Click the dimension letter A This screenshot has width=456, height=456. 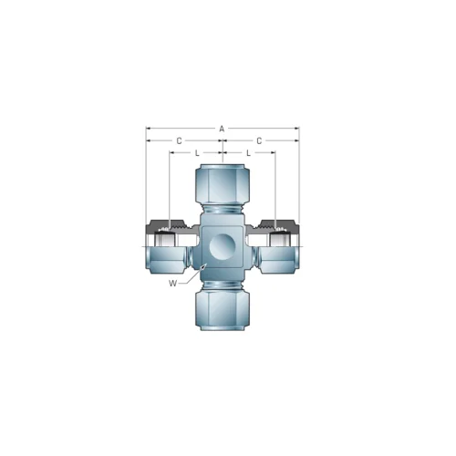point(222,129)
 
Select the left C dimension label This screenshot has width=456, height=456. point(180,140)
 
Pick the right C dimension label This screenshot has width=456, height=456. point(259,140)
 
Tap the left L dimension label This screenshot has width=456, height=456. point(197,153)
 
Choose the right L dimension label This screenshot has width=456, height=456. point(248,153)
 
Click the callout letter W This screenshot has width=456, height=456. point(172,284)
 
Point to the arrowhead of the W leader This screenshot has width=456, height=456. point(204,266)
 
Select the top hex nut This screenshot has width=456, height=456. point(223,184)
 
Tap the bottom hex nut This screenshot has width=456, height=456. point(223,310)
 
